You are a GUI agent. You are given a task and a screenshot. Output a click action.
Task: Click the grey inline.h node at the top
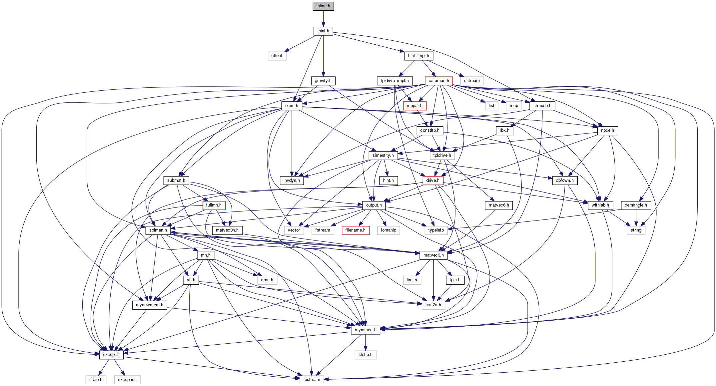323,6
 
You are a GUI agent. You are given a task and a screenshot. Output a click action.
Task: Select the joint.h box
323,31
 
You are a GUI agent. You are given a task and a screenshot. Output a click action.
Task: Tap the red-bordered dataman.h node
439,81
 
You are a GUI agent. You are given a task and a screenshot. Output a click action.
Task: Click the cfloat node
277,56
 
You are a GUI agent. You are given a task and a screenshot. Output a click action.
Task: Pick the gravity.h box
323,81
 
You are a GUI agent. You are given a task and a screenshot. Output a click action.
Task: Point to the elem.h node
292,106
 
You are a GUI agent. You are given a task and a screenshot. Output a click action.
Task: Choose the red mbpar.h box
415,106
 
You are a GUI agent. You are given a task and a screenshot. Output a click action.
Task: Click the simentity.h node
383,155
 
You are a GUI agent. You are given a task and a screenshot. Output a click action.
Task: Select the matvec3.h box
433,255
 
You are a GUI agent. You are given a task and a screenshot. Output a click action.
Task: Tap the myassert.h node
365,330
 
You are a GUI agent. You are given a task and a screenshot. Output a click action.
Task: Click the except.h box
111,355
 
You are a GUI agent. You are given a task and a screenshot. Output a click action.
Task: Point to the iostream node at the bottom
312,380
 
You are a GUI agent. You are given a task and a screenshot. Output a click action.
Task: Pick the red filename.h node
356,230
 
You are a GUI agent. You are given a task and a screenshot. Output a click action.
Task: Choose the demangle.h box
636,205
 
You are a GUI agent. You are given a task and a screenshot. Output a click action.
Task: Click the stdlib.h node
365,355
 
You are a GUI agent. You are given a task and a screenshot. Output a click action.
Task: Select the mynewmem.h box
150,305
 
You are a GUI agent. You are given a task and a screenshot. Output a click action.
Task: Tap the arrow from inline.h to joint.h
323,19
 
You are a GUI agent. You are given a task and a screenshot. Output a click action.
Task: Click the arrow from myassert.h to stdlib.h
365,342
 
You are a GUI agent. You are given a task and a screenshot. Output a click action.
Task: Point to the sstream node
472,81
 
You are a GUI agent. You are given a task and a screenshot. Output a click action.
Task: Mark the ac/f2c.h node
433,305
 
